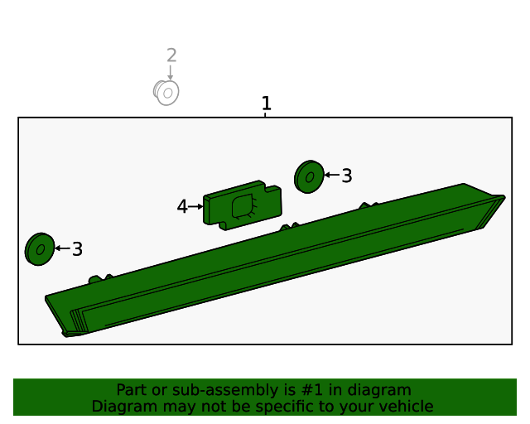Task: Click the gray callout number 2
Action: pyautogui.click(x=171, y=55)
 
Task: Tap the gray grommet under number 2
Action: pyautogui.click(x=166, y=92)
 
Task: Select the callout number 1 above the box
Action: pyautogui.click(x=267, y=104)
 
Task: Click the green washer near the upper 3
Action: pyautogui.click(x=309, y=177)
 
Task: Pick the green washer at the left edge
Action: pyautogui.click(x=40, y=249)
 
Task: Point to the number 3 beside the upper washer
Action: pyautogui.click(x=347, y=176)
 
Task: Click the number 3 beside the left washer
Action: pyautogui.click(x=77, y=249)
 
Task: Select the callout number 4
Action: pyautogui.click(x=182, y=206)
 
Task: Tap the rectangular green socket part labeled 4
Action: pyautogui.click(x=243, y=205)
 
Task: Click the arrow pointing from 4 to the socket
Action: pyautogui.click(x=195, y=206)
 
